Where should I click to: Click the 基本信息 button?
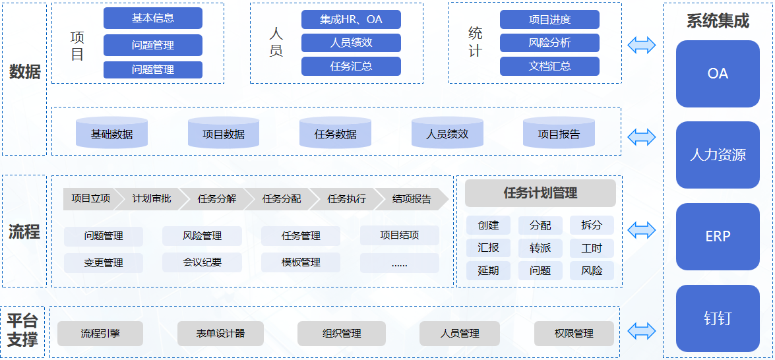tap(153, 18)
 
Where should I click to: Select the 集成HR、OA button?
tap(351, 19)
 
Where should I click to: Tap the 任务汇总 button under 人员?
tap(351, 66)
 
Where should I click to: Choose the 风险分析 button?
tap(549, 43)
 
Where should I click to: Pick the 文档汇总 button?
tap(549, 66)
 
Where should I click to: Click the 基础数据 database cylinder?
tap(111, 134)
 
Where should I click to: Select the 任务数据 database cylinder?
tap(335, 134)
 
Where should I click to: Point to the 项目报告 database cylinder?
tap(559, 134)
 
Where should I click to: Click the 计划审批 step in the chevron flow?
tap(152, 198)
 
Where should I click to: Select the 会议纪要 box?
tap(202, 262)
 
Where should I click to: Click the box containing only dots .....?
tap(399, 263)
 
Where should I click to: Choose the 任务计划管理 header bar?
tap(540, 193)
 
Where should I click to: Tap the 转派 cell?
tap(540, 248)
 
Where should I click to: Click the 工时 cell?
tap(592, 248)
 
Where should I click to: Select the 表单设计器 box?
tap(220, 334)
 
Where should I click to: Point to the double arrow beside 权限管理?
tap(641, 331)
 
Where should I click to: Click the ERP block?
tap(718, 237)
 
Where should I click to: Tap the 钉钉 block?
tap(718, 318)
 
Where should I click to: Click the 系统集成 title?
tap(718, 21)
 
